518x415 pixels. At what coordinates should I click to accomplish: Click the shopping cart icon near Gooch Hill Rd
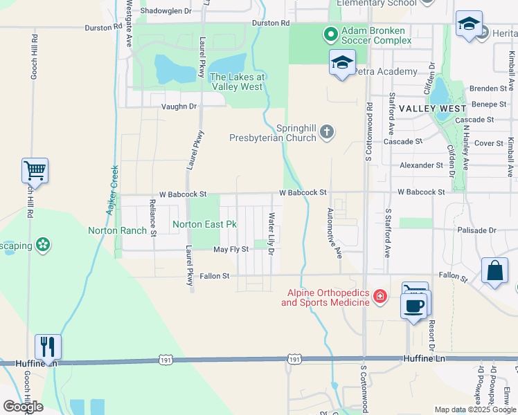pyautogui.click(x=35, y=169)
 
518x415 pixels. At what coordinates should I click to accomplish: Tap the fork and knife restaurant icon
pyautogui.click(x=48, y=346)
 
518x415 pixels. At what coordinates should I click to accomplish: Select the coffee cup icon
pyautogui.click(x=414, y=305)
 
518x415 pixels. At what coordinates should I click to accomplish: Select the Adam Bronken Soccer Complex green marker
pyautogui.click(x=330, y=33)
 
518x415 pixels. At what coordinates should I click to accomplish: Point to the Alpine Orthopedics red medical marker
pyautogui.click(x=379, y=297)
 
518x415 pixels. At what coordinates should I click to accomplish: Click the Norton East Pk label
pyautogui.click(x=204, y=224)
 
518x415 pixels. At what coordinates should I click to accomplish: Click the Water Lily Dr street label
pyautogui.click(x=271, y=232)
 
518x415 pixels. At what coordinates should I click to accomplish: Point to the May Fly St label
pyautogui.click(x=231, y=249)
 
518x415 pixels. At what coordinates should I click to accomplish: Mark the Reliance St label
pyautogui.click(x=153, y=216)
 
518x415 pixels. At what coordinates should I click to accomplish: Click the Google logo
pyautogui.click(x=23, y=407)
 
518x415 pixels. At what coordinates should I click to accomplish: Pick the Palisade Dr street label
pyautogui.click(x=477, y=230)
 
